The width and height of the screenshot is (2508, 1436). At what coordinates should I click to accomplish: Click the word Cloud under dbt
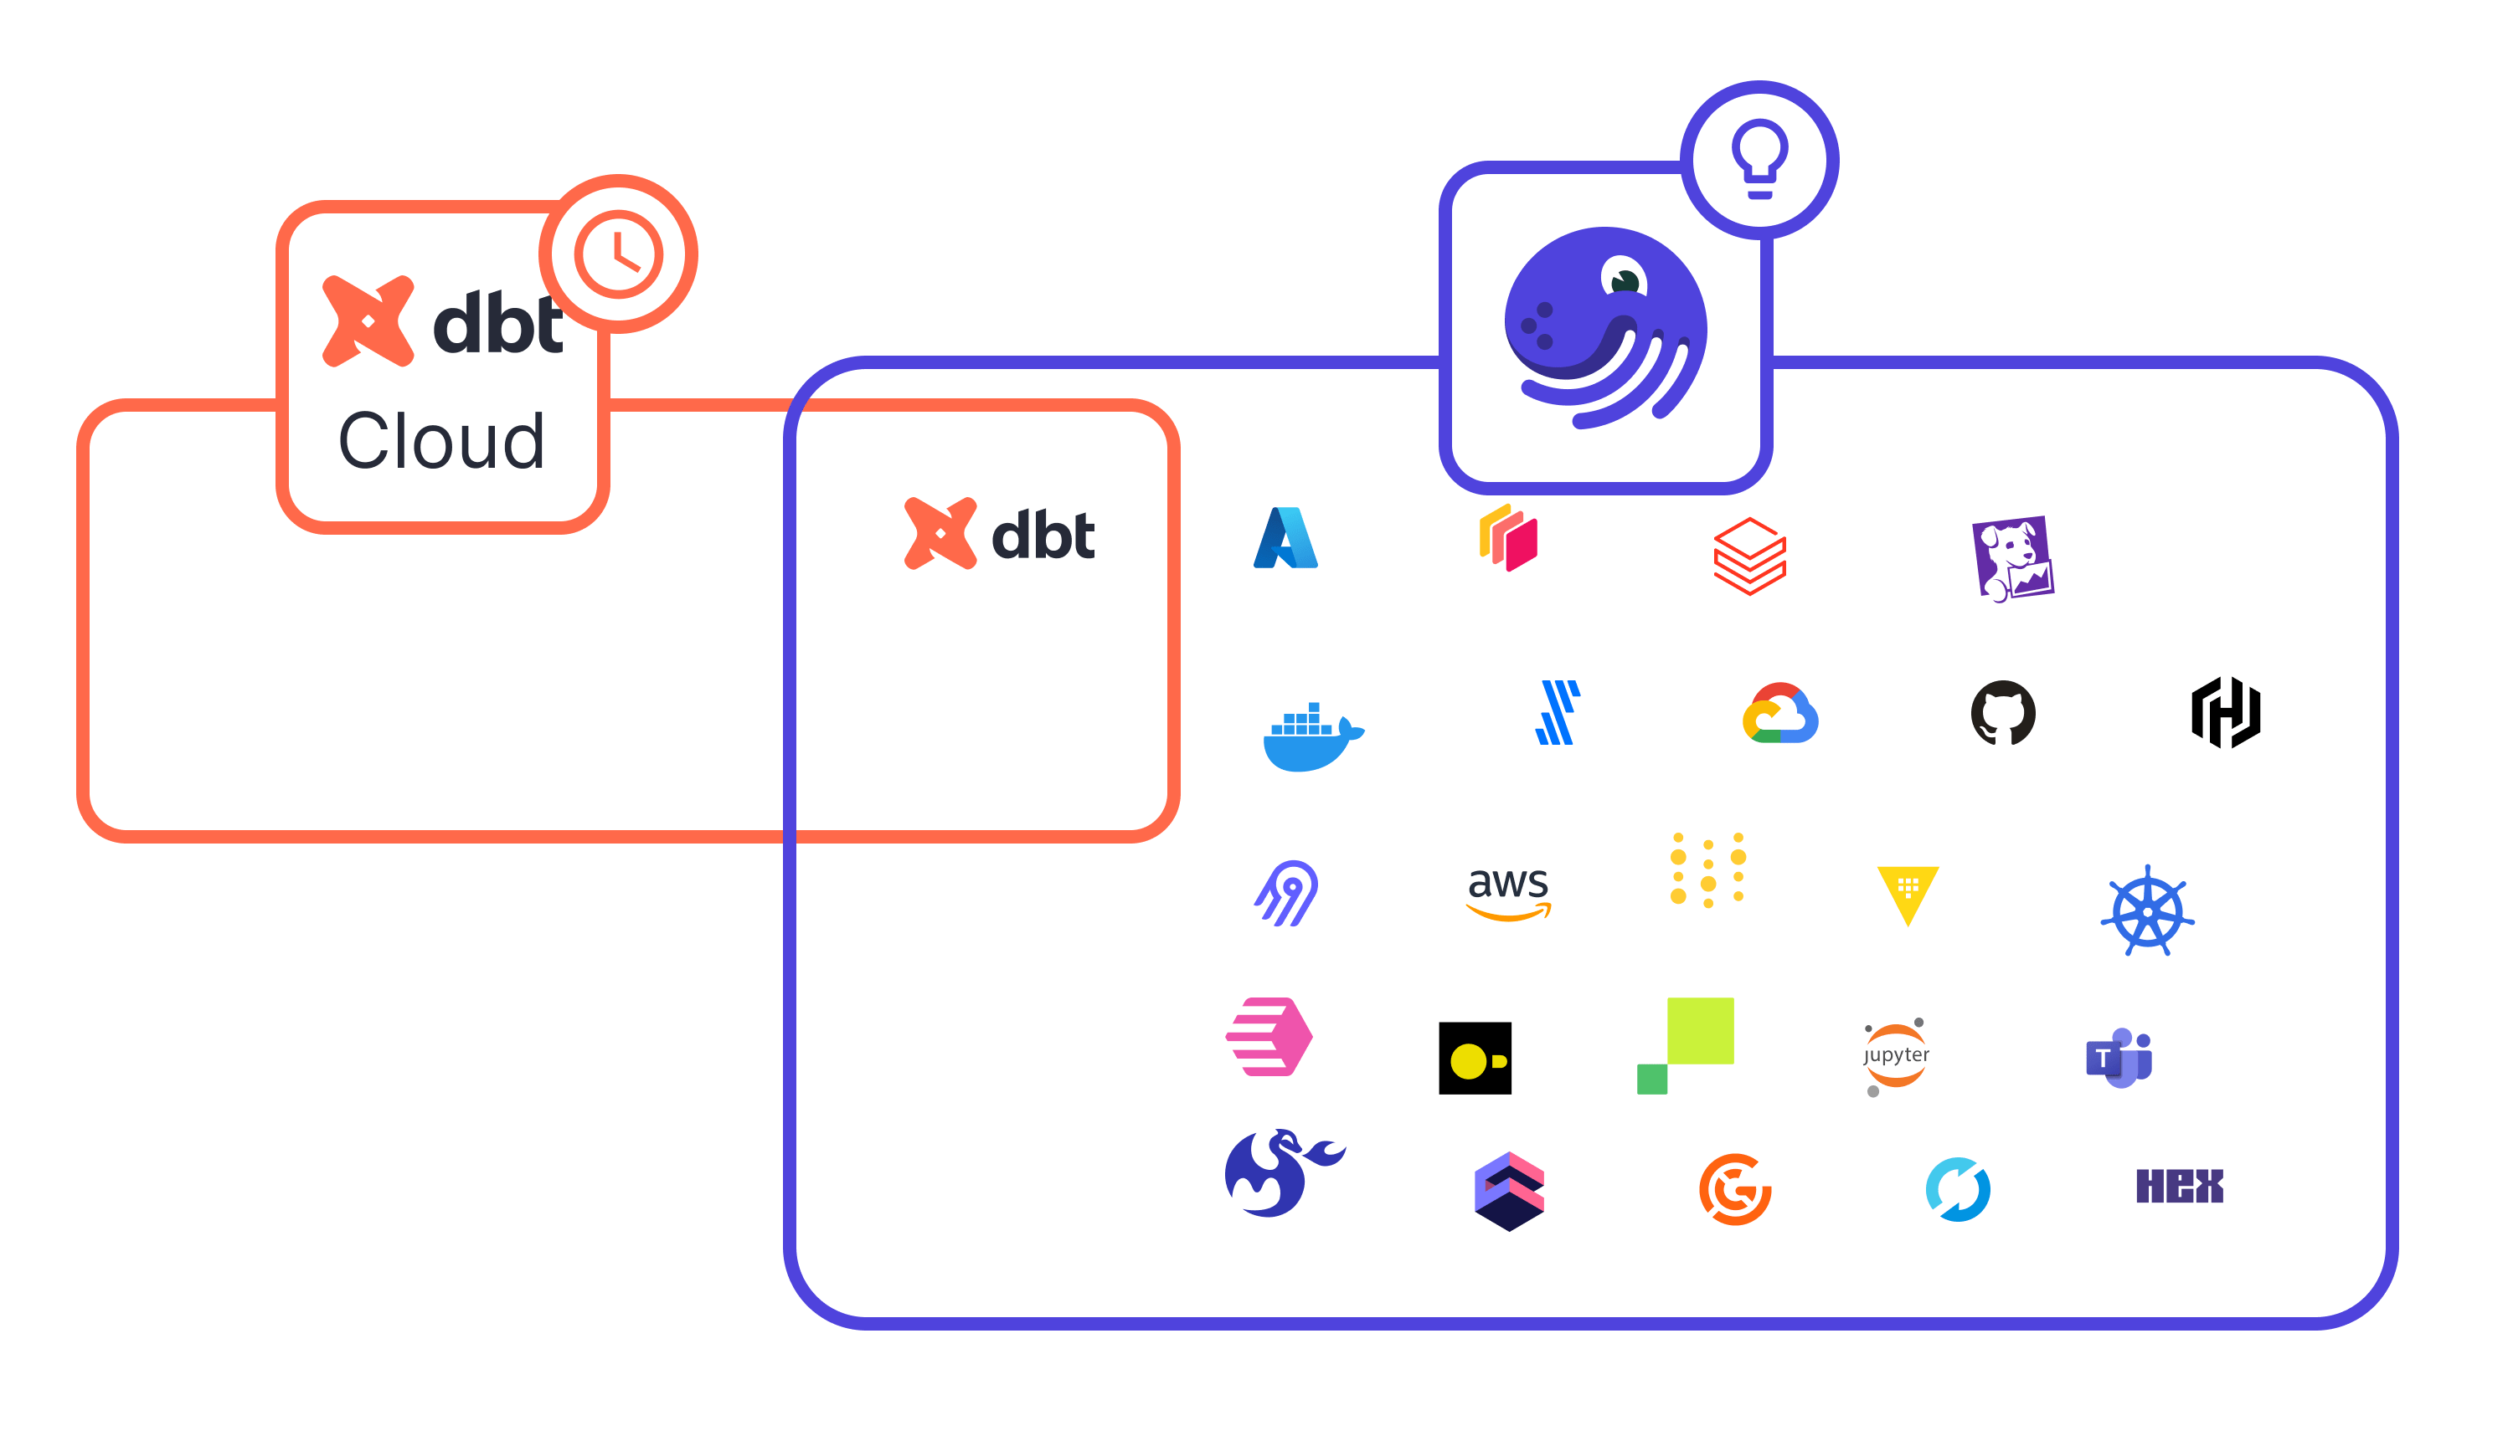point(441,441)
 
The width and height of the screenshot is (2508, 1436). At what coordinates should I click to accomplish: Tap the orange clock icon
point(619,254)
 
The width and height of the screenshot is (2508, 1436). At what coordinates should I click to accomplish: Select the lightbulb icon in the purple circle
point(1759,158)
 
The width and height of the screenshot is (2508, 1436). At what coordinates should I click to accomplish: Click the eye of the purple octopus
point(1623,277)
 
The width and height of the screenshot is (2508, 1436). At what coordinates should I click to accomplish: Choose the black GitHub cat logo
point(2003,712)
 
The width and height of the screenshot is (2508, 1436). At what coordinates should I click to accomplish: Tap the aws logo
point(1508,891)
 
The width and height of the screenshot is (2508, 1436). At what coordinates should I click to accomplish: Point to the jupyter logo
point(1895,1056)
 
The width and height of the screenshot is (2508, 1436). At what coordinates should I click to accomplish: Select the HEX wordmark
point(2180,1186)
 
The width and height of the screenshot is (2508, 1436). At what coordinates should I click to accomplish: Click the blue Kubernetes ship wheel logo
point(2147,911)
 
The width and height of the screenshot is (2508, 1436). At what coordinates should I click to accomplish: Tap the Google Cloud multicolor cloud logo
point(1779,713)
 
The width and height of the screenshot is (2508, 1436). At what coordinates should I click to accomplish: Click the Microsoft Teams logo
point(2119,1059)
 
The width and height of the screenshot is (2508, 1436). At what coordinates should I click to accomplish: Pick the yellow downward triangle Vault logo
point(1907,894)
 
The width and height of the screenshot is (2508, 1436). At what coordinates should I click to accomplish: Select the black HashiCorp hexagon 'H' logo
point(2226,712)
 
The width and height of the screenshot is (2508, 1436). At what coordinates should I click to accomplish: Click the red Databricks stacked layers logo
point(1749,556)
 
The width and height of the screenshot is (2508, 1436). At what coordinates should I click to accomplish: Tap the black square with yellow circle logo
point(1475,1059)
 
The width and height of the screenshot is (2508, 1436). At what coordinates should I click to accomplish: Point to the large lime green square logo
point(1699,1031)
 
